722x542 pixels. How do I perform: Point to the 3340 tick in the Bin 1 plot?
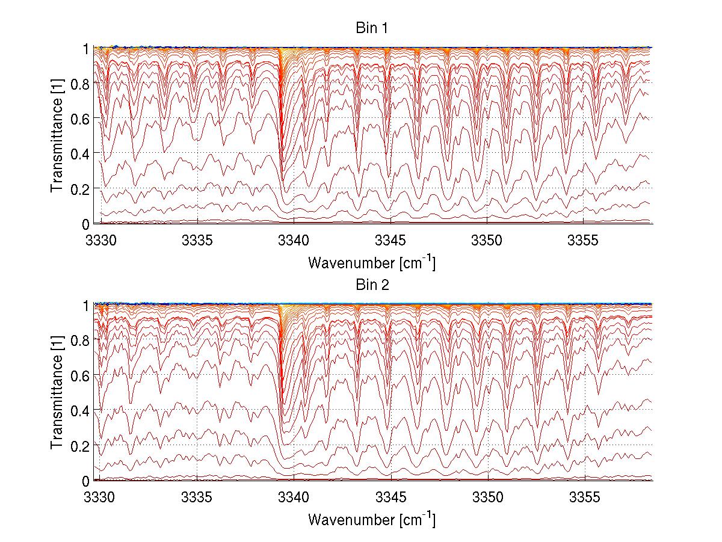(294, 241)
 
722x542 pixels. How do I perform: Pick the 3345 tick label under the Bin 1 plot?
(391, 241)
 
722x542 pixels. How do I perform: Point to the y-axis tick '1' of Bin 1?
(87, 48)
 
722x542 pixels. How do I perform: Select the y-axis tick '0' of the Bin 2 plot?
(87, 481)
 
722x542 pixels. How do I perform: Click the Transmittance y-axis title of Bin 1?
(58, 136)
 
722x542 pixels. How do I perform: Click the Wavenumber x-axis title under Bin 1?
(372, 262)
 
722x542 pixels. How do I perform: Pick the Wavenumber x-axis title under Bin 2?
(372, 519)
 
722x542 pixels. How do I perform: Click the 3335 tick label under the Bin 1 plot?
(197, 241)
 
